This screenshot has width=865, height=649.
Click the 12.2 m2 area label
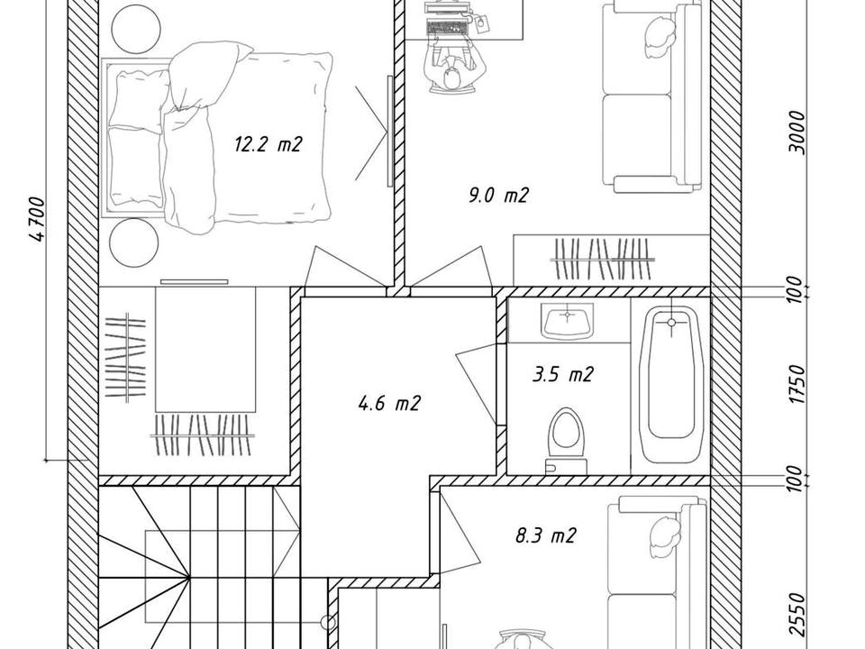(269, 144)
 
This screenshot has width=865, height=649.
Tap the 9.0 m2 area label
(498, 195)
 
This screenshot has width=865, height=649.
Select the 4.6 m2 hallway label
(389, 404)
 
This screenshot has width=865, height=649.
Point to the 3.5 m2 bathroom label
(562, 375)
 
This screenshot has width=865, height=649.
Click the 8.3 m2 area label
(546, 535)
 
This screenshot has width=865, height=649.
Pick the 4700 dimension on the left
(38, 218)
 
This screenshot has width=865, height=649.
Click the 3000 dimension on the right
(797, 133)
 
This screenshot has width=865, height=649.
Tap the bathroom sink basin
(568, 321)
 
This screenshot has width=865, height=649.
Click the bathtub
(670, 384)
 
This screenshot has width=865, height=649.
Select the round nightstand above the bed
(135, 29)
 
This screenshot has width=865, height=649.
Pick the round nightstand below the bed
(134, 242)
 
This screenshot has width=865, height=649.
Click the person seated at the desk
(452, 70)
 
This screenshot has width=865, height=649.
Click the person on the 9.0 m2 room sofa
(660, 36)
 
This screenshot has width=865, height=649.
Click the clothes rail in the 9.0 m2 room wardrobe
(604, 259)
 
